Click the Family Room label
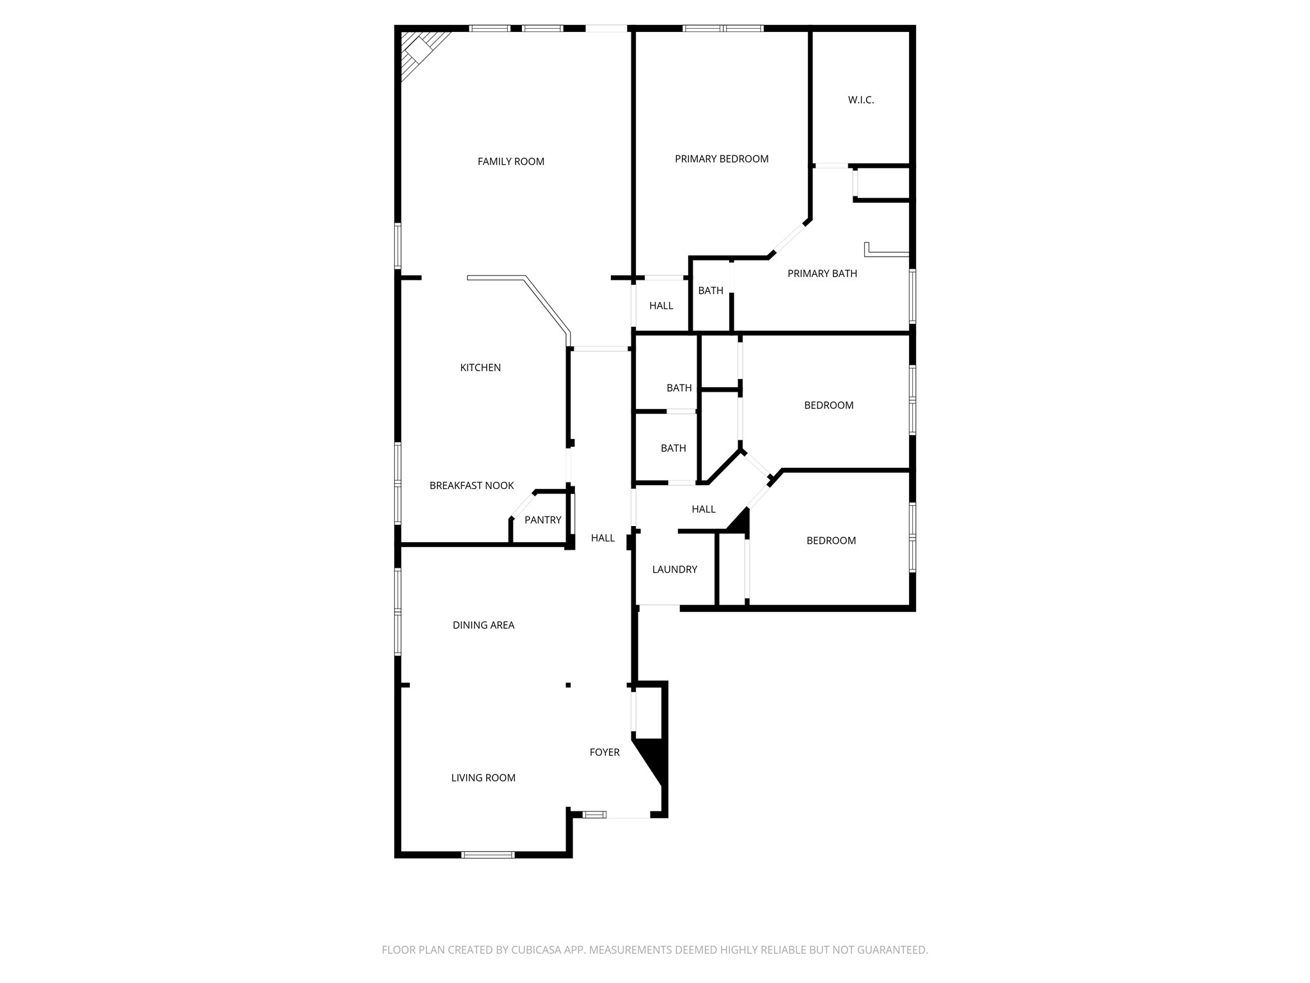tap(510, 162)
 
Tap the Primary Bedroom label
tap(722, 159)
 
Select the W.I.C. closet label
tap(860, 100)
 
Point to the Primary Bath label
tap(822, 274)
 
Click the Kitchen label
tap(480, 368)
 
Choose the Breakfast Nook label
tap(471, 486)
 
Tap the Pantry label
tap(542, 520)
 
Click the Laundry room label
tap(674, 570)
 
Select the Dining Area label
tap(483, 625)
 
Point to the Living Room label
tap(483, 778)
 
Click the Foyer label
tap(604, 753)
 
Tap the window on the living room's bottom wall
tap(487, 854)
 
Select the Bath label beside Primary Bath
tap(710, 291)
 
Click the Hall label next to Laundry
tap(704, 509)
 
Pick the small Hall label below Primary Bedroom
tap(661, 306)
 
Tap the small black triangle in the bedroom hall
tap(739, 520)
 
